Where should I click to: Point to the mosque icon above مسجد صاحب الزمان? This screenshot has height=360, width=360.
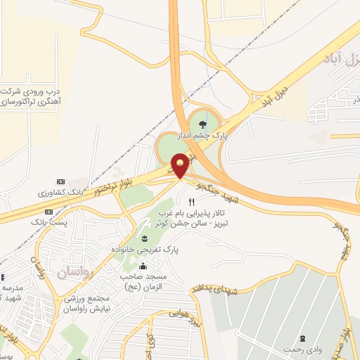pyautogui.click(x=143, y=266)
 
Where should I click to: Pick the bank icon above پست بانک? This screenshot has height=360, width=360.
pyautogui.click(x=48, y=212)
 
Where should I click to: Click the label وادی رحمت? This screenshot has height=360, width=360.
pyautogui.click(x=303, y=349)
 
